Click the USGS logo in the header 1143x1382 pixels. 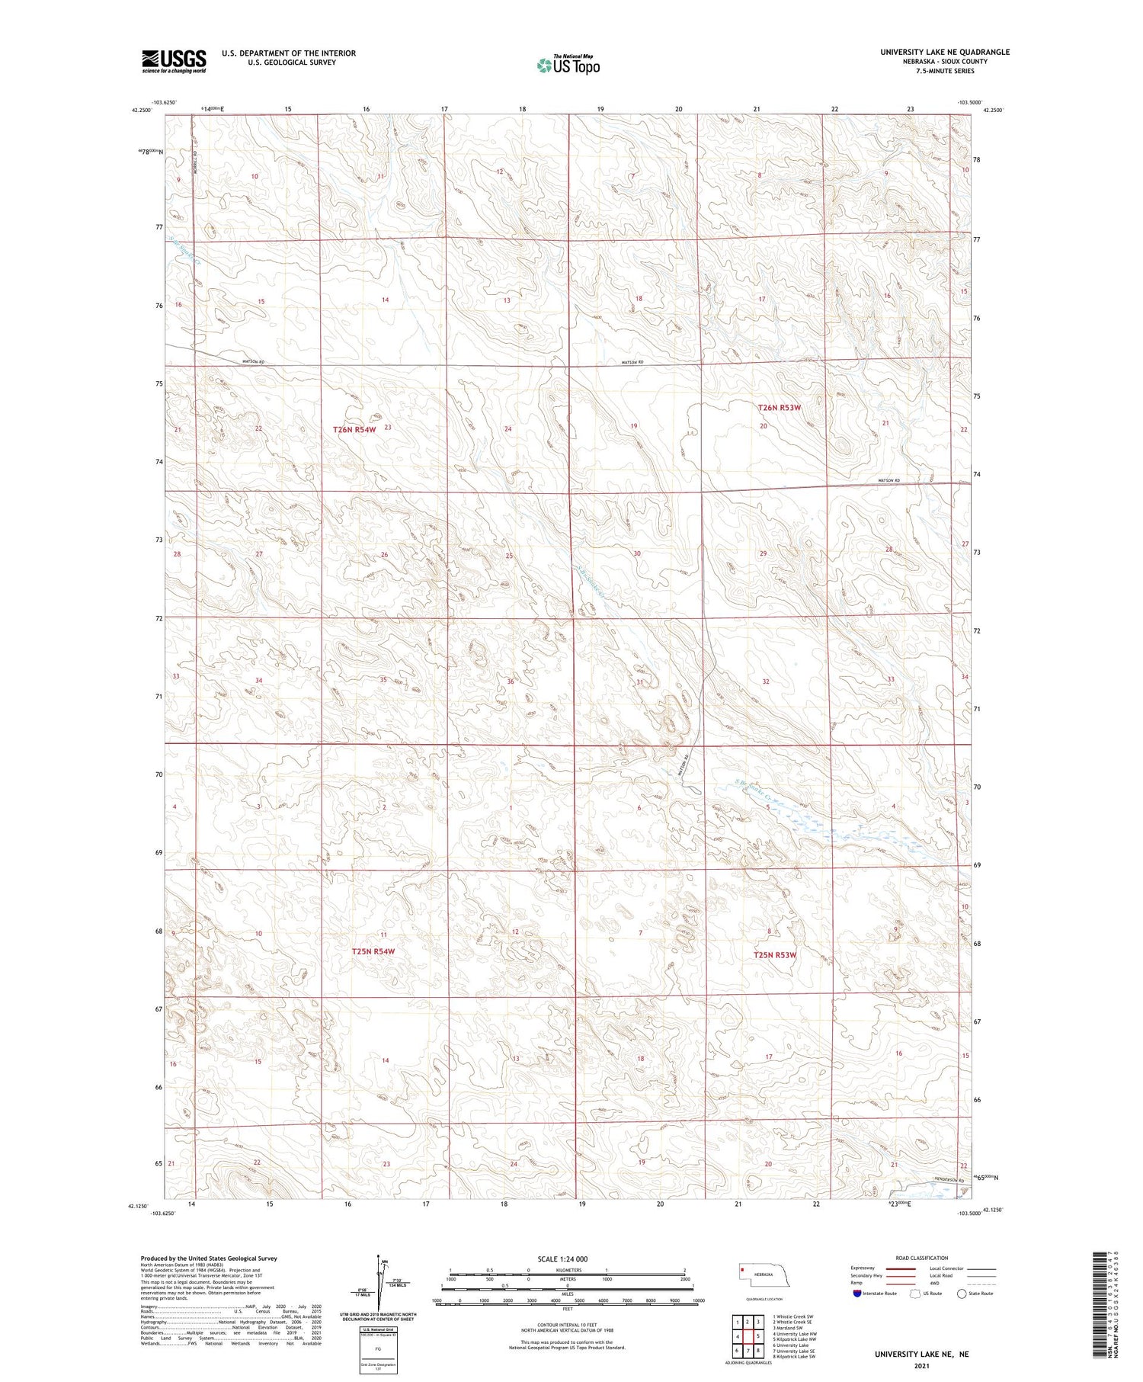click(x=174, y=61)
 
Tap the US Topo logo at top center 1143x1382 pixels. click(x=568, y=66)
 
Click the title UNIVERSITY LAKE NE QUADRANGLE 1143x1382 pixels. click(x=945, y=52)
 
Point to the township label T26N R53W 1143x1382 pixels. click(x=780, y=408)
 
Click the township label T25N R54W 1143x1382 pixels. click(x=373, y=951)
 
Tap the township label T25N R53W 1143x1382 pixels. click(x=775, y=955)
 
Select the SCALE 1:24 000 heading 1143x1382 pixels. click(x=562, y=1259)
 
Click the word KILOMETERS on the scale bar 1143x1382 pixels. click(x=568, y=1270)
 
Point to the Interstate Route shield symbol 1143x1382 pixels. click(x=858, y=1294)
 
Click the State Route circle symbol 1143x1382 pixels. click(x=962, y=1294)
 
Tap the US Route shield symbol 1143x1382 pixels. click(x=916, y=1294)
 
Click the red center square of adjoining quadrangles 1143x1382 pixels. click(x=757, y=1336)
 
